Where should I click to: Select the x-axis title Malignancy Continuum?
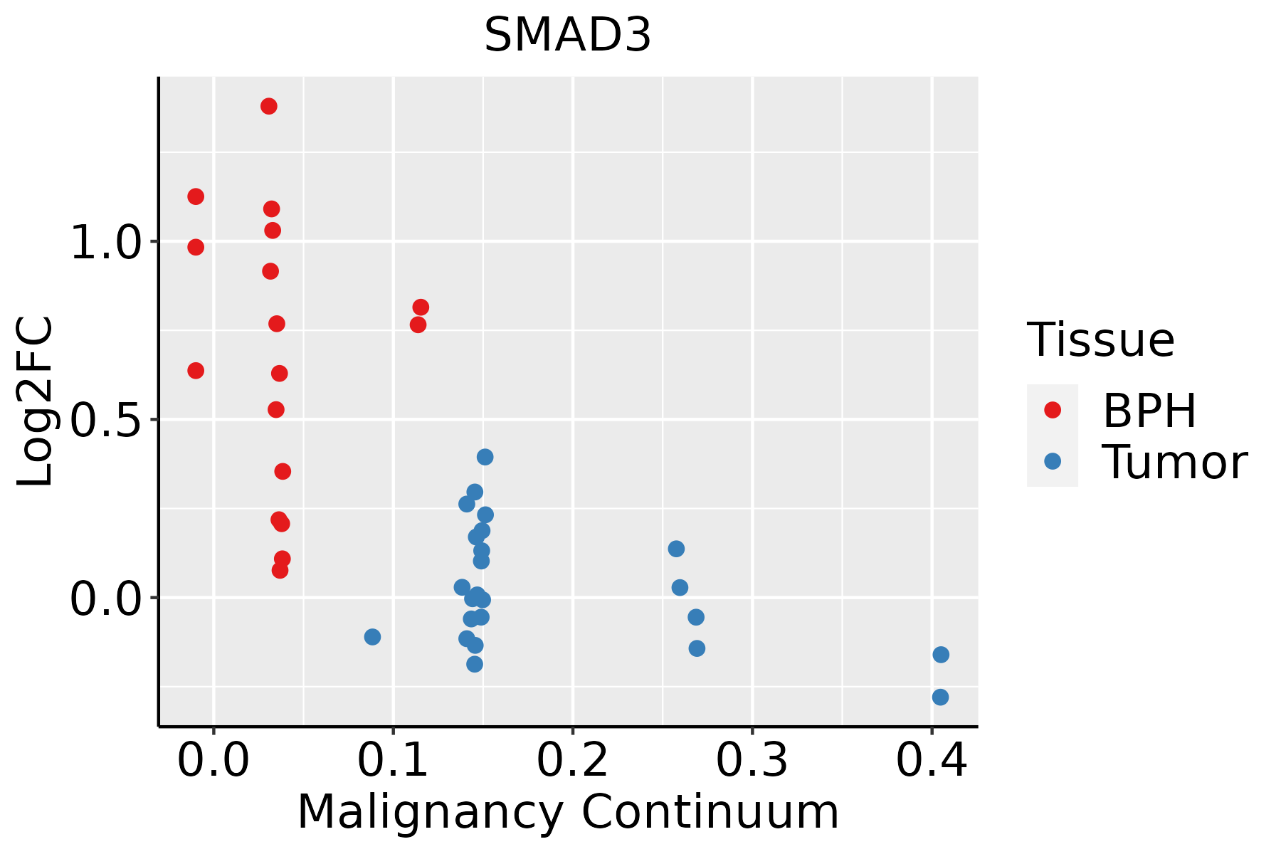tap(568, 812)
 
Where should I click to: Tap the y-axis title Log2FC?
tap(36, 401)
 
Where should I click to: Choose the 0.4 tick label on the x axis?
tap(931, 760)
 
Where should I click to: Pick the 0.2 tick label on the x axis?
tap(572, 760)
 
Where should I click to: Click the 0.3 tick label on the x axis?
tap(752, 760)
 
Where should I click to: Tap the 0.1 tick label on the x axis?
tap(393, 760)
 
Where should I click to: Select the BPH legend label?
tap(1149, 411)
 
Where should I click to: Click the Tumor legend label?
tap(1175, 462)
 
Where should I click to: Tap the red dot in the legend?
tap(1052, 410)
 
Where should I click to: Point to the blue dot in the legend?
tap(1052, 461)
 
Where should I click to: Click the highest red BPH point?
tap(269, 106)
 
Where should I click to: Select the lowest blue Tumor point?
tap(940, 697)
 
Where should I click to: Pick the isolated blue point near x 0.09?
tap(372, 636)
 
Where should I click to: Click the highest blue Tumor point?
tap(485, 457)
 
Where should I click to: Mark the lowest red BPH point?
tap(280, 570)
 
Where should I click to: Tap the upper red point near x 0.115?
tap(421, 307)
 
